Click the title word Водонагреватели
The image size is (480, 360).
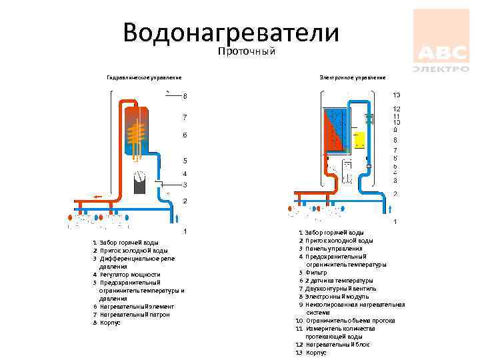point(231,32)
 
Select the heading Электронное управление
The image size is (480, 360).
point(353,77)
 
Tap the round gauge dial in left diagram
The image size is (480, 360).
point(140,177)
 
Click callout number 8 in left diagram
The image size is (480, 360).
point(185,96)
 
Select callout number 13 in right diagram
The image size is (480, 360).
point(396,95)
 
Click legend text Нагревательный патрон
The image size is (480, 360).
point(135,314)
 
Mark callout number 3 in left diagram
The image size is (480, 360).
point(185,185)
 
